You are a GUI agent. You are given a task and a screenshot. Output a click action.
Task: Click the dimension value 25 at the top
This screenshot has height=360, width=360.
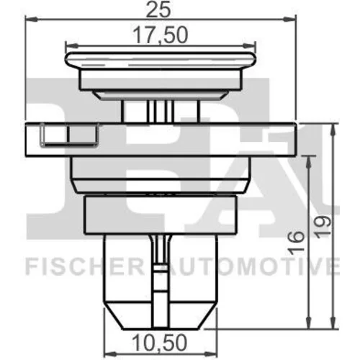tap(158, 9)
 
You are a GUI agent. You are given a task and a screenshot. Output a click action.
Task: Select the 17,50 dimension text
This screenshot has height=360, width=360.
tap(160, 35)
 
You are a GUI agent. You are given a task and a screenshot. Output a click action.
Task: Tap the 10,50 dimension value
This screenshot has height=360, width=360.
tap(159, 343)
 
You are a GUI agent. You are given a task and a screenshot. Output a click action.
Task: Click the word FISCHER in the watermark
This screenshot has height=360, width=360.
tap(85, 266)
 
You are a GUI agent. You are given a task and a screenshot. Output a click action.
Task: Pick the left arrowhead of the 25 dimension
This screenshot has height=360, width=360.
tap(32, 19)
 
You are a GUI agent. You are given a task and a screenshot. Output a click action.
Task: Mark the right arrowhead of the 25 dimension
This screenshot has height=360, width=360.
tap(289, 19)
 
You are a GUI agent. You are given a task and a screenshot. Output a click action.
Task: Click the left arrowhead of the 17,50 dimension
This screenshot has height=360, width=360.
tap(71, 45)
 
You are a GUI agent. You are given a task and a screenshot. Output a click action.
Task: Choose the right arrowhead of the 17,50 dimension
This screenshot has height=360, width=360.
tap(250, 45)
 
